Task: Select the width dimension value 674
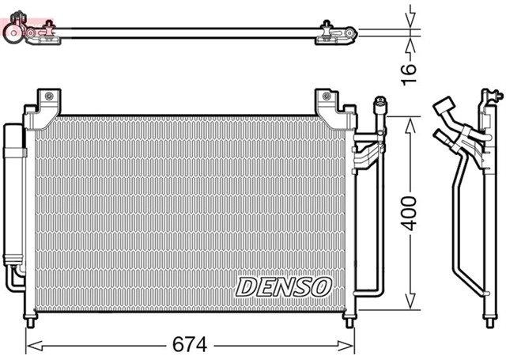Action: [191, 345]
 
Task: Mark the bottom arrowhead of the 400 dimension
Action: [410, 304]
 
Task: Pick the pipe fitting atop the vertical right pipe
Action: [379, 106]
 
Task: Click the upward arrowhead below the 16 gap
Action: [410, 40]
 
